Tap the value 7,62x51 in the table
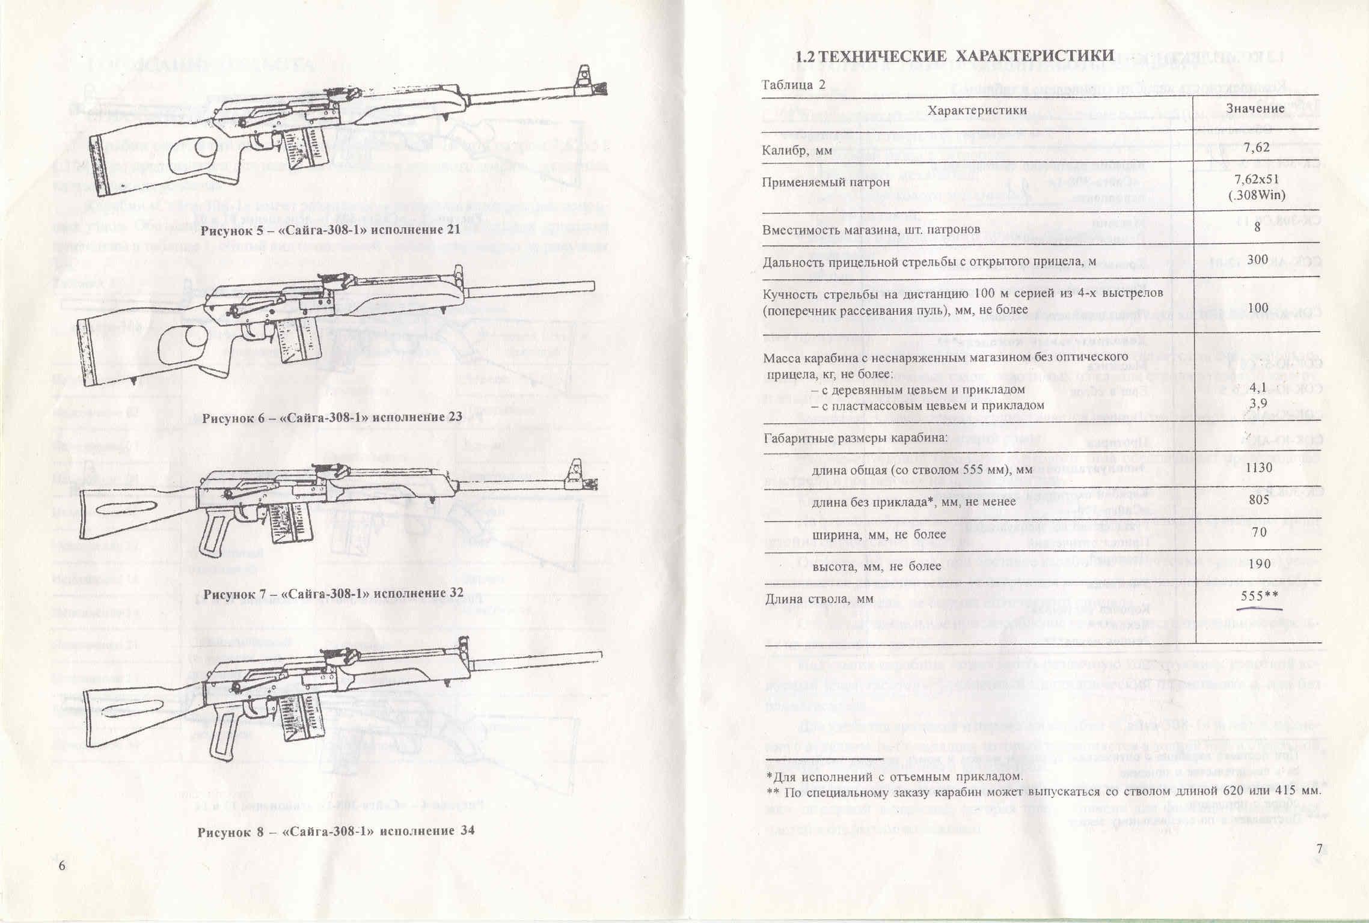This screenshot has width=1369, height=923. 1259,180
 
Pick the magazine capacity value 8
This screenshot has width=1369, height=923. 1258,227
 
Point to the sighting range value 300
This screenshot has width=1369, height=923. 1258,260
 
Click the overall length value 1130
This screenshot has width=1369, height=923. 1259,468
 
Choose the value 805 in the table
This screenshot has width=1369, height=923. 1259,500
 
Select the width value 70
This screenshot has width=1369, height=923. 1258,532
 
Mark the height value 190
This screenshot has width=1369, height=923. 1258,564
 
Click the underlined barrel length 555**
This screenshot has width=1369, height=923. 1258,597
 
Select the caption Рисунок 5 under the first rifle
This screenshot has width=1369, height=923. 331,230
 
